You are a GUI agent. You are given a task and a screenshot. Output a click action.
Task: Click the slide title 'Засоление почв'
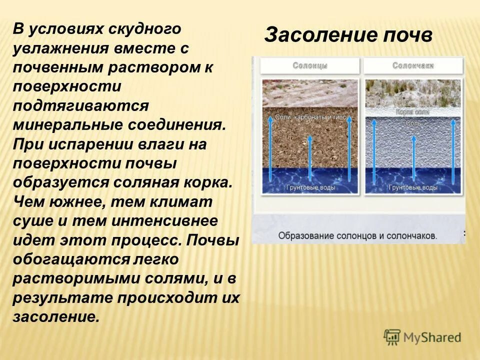348,35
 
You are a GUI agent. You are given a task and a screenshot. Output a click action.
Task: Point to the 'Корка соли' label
412,112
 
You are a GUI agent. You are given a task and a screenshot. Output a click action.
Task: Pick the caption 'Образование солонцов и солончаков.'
357,235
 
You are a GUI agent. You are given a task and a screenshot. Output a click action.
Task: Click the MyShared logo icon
392,337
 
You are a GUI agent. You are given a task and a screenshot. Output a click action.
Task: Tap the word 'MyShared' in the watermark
432,338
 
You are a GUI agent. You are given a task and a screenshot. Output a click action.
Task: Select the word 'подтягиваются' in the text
81,105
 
